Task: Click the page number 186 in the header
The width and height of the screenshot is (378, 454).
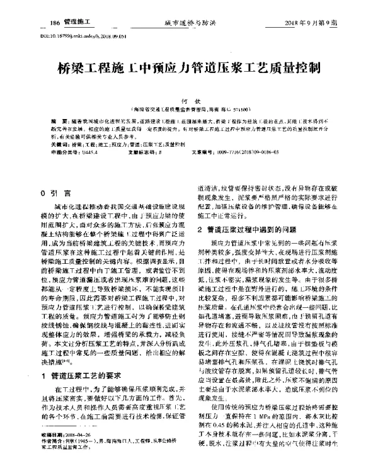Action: pyautogui.click(x=55, y=22)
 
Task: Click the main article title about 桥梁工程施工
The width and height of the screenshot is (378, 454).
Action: pyautogui.click(x=188, y=67)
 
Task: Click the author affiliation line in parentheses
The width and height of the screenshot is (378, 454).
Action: pyautogui.click(x=188, y=109)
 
